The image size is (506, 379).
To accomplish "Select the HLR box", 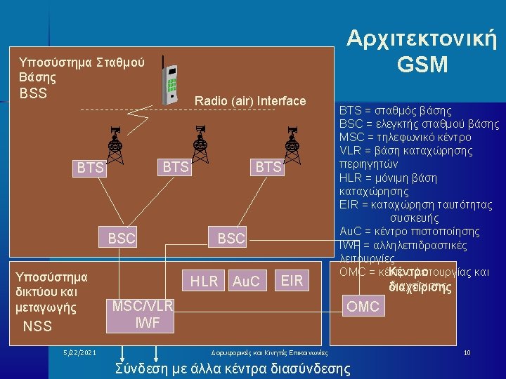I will (x=205, y=281).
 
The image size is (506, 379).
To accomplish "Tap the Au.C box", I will (x=246, y=281).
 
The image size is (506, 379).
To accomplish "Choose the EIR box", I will (x=291, y=281).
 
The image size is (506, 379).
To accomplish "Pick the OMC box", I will (x=363, y=306).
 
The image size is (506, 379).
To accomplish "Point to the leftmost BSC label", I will (x=122, y=239).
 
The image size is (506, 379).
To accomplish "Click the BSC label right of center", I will (x=231, y=239).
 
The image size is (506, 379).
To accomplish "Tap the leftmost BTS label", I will (x=91, y=168).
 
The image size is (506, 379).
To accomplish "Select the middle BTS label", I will (x=176, y=166).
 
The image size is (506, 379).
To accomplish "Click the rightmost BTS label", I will (x=268, y=166).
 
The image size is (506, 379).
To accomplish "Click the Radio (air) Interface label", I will (x=250, y=101).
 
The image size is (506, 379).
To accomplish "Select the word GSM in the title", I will (x=422, y=65).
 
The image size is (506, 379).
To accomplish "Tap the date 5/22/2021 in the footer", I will (x=79, y=352).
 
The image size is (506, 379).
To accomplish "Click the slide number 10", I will (x=467, y=352).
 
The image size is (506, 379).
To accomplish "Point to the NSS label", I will (x=37, y=326).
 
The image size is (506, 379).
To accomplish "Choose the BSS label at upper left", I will (x=33, y=93).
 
